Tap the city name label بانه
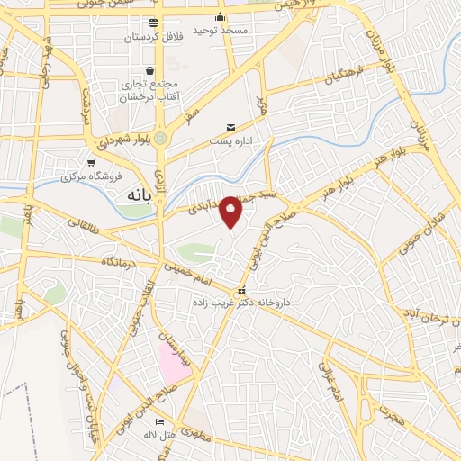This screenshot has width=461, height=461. (x=131, y=194)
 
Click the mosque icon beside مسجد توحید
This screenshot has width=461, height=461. (x=221, y=16)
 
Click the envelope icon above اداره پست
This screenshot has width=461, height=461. (x=230, y=127)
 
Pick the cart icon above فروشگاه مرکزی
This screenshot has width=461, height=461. (x=91, y=163)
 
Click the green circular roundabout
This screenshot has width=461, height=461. (x=161, y=139)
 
